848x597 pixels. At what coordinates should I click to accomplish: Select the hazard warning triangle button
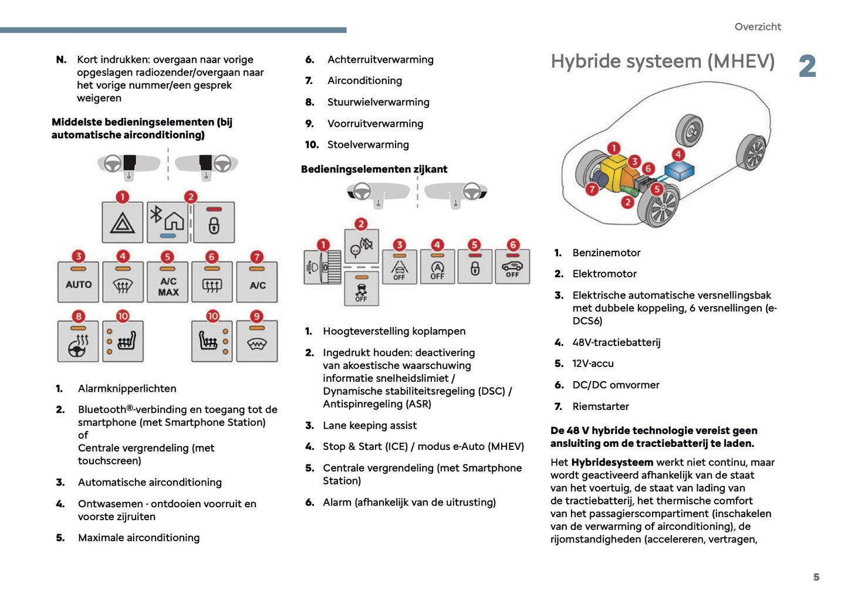[122, 222]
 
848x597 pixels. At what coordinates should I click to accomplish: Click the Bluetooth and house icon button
[167, 222]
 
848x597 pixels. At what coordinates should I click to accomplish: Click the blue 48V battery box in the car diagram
[679, 172]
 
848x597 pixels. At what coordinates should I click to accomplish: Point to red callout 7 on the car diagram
[592, 189]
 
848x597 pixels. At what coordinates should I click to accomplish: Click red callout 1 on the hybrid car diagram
[613, 148]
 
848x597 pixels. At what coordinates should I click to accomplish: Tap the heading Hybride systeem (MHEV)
[663, 62]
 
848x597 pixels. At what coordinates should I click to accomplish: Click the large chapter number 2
[808, 66]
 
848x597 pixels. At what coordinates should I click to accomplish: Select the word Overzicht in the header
[758, 27]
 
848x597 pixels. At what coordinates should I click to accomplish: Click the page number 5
[816, 577]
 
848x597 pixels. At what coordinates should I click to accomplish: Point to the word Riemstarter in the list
[600, 406]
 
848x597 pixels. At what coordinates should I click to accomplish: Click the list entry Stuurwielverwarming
[378, 102]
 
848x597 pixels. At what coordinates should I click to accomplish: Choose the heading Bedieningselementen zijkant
[374, 169]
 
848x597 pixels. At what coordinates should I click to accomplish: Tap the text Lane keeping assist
[370, 426]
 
